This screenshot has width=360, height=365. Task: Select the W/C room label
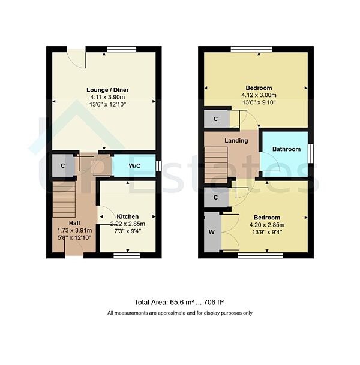click(135, 167)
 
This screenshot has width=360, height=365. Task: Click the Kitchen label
click(127, 216)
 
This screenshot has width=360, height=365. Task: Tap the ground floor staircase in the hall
click(64, 201)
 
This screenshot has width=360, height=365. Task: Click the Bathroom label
click(286, 149)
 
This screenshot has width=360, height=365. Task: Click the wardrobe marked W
click(212, 232)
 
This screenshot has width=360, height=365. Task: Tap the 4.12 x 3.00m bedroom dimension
click(258, 95)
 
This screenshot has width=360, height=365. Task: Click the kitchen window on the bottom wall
click(127, 255)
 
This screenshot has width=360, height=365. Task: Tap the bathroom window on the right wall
click(311, 153)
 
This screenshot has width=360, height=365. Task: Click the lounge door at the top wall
click(77, 55)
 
